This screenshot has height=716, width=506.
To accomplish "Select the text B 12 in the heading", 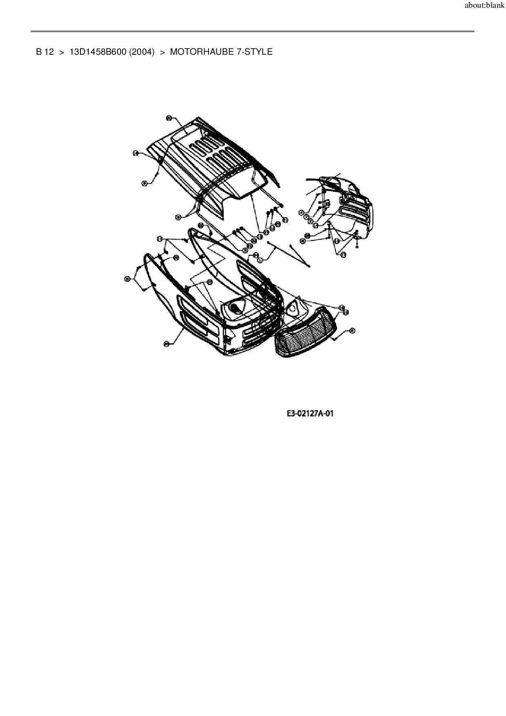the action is tap(45, 52).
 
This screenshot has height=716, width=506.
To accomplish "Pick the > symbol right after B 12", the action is tap(62, 52).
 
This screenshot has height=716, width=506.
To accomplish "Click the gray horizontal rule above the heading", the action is tap(252, 31).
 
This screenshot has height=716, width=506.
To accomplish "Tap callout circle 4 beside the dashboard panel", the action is tap(301, 213).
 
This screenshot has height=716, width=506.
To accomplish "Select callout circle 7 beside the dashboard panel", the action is tap(306, 216).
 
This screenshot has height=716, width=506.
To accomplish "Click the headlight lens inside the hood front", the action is tap(235, 307).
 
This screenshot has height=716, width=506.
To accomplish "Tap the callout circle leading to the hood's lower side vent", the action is tap(166, 344).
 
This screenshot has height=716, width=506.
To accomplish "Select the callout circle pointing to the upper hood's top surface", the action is tap(169, 118).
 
